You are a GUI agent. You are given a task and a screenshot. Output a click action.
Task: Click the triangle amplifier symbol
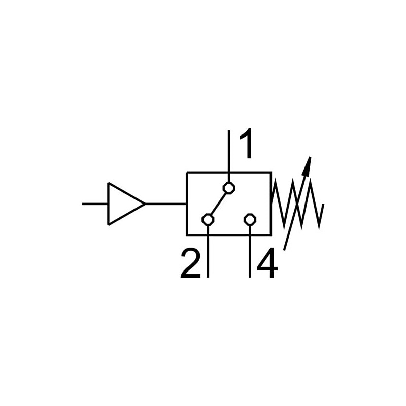(123, 204)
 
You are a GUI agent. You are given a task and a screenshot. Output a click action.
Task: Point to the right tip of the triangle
(145, 204)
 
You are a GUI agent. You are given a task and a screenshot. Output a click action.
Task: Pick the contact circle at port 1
(229, 188)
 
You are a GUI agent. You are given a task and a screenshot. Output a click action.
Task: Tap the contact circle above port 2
(208, 220)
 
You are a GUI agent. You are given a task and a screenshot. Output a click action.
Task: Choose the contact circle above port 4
(250, 220)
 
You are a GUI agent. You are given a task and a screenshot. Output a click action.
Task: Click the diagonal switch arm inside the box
(219, 204)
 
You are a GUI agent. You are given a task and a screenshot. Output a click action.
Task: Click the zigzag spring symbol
(297, 203)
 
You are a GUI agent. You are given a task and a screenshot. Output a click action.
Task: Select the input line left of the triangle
(95, 204)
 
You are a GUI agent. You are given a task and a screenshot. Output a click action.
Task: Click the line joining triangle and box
(166, 204)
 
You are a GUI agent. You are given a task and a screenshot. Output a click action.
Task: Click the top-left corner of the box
(187, 173)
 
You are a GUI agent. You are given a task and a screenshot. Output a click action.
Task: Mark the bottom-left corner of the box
(187, 235)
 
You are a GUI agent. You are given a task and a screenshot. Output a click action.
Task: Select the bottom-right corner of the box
(270, 235)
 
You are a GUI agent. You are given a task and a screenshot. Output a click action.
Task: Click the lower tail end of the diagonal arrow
(285, 249)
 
